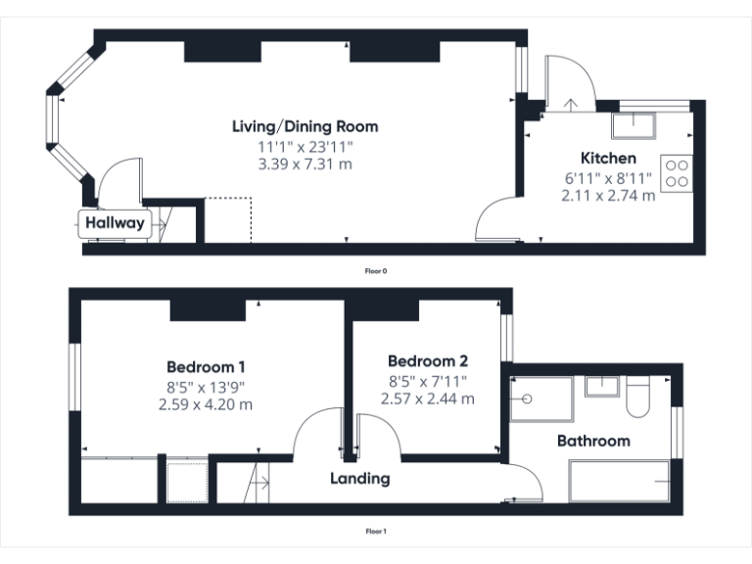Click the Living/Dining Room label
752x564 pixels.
305,126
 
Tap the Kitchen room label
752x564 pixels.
608,158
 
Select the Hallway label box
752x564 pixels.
115,223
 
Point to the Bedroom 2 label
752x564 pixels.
428,359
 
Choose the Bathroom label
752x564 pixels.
593,441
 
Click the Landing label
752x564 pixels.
359,479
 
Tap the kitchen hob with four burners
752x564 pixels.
677,173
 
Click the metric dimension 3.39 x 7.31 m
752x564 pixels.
305,164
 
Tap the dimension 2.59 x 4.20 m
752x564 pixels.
206,403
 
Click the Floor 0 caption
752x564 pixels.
376,270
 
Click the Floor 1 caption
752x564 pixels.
376,532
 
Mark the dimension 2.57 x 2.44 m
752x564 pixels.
428,399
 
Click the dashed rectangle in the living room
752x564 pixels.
229,220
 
